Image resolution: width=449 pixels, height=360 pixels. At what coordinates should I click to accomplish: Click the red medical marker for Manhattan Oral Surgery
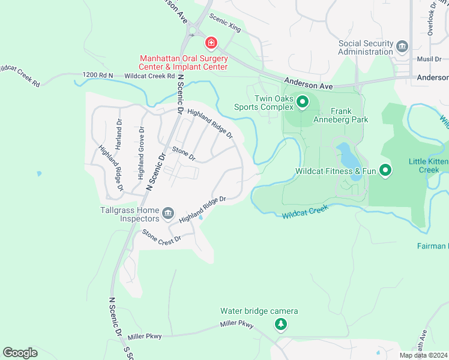tap(211, 43)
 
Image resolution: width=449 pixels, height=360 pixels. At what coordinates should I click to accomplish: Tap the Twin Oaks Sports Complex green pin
tap(303, 103)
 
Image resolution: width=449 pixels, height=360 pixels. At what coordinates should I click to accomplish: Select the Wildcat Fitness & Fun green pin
tap(385, 172)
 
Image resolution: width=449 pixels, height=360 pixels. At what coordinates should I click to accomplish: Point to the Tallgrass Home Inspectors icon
tap(168, 212)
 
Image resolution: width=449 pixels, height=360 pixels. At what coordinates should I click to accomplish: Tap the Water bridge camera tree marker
tap(280, 325)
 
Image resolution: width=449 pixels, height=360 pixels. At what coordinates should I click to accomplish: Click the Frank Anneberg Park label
tap(341, 115)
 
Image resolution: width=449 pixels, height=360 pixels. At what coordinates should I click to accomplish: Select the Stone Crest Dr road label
tap(161, 238)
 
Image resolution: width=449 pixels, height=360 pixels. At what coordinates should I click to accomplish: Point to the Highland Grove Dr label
tap(141, 153)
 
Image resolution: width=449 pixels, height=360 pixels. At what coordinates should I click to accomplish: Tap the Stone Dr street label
tap(184, 154)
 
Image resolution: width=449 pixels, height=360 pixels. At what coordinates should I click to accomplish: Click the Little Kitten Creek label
tap(428, 166)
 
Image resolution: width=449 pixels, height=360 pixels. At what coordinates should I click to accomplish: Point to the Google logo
tap(20, 353)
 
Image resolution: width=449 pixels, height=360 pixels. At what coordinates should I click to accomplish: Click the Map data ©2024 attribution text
tap(423, 355)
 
